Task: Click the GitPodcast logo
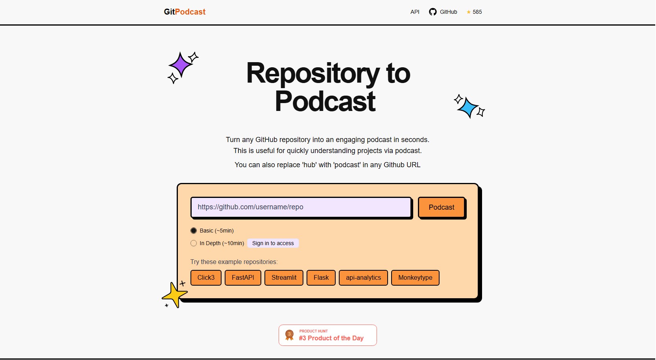click(x=185, y=12)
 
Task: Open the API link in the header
click(x=415, y=12)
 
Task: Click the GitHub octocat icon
click(x=433, y=12)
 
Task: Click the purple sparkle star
click(x=181, y=65)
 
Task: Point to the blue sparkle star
click(x=468, y=107)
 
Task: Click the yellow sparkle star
click(x=174, y=294)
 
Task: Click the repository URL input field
click(x=301, y=207)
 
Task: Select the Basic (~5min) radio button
click(x=194, y=231)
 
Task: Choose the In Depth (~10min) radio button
click(x=194, y=243)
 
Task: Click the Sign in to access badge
click(x=273, y=243)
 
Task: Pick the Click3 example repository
click(x=206, y=278)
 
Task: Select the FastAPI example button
click(x=243, y=278)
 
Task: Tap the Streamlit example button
click(x=284, y=278)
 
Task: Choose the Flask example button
click(x=321, y=278)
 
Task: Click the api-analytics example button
click(x=363, y=278)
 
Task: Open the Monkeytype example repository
click(x=415, y=278)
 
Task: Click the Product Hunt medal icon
click(x=289, y=335)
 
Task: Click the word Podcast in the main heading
click(x=325, y=102)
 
